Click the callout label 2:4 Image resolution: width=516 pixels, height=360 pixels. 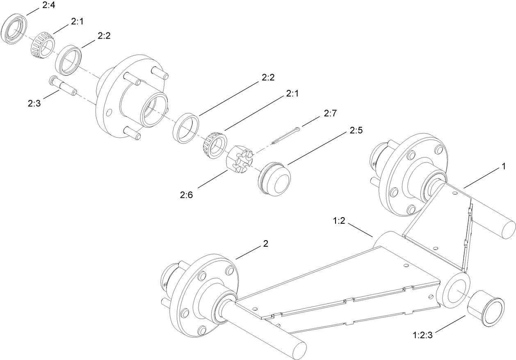(48, 6)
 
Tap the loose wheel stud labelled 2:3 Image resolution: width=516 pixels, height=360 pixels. (62, 86)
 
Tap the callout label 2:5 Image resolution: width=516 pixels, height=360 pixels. (356, 131)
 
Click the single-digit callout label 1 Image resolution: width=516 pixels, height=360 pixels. (501, 166)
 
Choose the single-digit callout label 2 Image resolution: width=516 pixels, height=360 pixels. (265, 244)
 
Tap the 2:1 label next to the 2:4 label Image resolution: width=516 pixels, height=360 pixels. (77, 22)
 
